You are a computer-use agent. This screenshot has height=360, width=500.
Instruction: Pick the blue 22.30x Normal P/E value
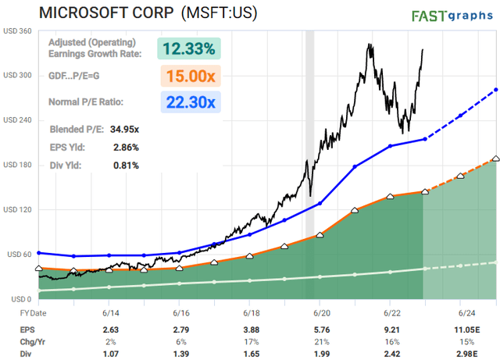[x=190, y=102]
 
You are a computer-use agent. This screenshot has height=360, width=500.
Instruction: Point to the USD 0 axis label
[x=21, y=299]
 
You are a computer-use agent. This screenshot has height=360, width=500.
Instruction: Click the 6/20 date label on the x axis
[x=321, y=312]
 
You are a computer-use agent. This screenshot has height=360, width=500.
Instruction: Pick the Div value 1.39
[x=179, y=354]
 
